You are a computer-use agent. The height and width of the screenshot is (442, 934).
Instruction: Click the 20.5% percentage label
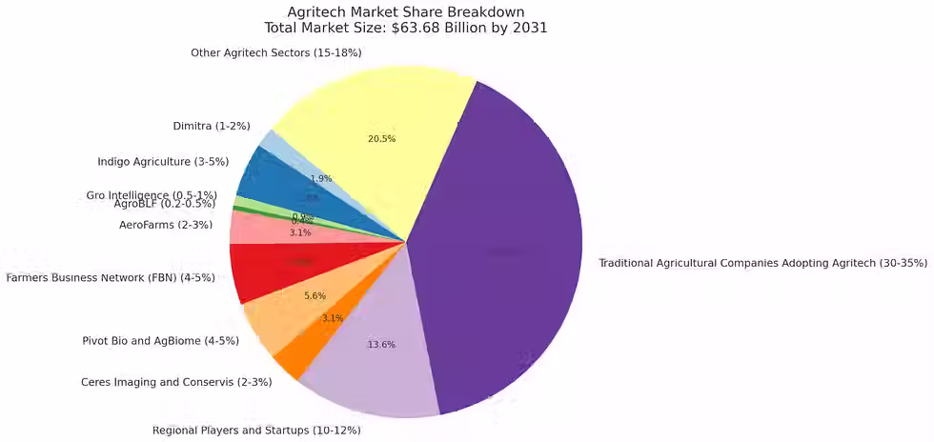tap(381, 139)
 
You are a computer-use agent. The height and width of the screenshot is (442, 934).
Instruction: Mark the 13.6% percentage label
tap(381, 345)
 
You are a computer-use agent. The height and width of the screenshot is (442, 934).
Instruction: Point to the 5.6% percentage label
tap(315, 296)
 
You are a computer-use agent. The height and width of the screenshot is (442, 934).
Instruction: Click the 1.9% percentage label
tap(321, 179)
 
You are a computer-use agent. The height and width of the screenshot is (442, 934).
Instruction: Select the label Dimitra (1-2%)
tap(212, 126)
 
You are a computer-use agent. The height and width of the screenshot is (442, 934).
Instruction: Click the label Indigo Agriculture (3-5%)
tap(163, 162)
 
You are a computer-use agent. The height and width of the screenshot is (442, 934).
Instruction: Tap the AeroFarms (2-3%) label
tap(166, 225)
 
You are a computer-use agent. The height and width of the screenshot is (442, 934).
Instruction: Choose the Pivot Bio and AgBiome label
tap(161, 340)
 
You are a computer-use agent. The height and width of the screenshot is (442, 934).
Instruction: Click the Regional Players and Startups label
tap(256, 431)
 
